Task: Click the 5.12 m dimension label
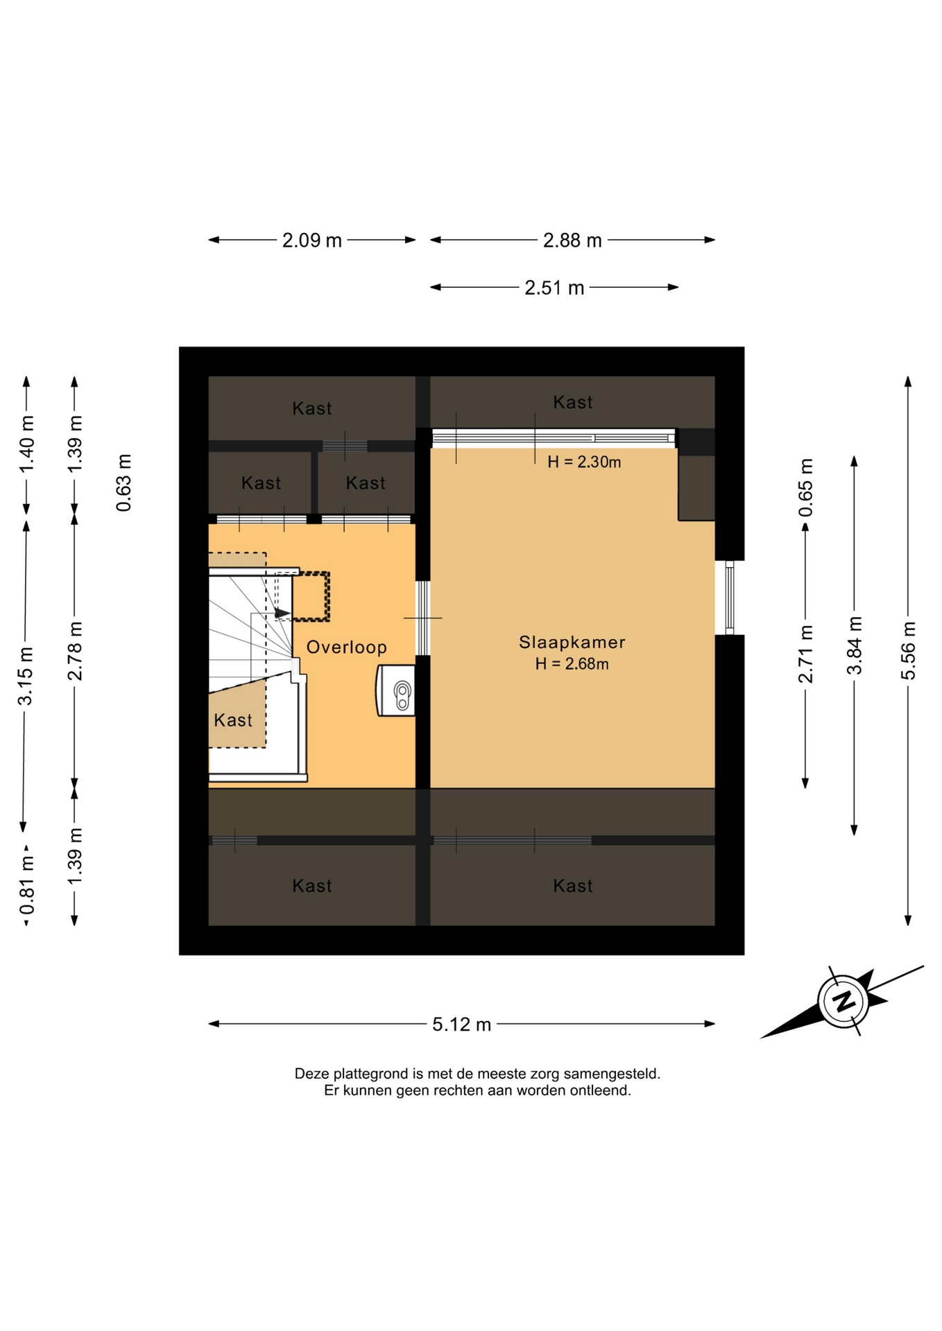461,1024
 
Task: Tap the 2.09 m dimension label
311,240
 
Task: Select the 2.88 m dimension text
572,240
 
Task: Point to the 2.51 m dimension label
554,287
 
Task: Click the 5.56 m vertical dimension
908,651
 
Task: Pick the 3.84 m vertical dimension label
854,645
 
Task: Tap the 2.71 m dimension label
805,654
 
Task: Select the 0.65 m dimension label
805,487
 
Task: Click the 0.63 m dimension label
123,483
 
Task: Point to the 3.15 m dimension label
25,676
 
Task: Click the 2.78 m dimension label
75,651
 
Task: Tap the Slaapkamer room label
572,643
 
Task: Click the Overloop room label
347,647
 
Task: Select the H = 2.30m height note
584,462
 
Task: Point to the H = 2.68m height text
572,664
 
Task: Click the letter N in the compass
843,1001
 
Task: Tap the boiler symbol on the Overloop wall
396,690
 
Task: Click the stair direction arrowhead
282,613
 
